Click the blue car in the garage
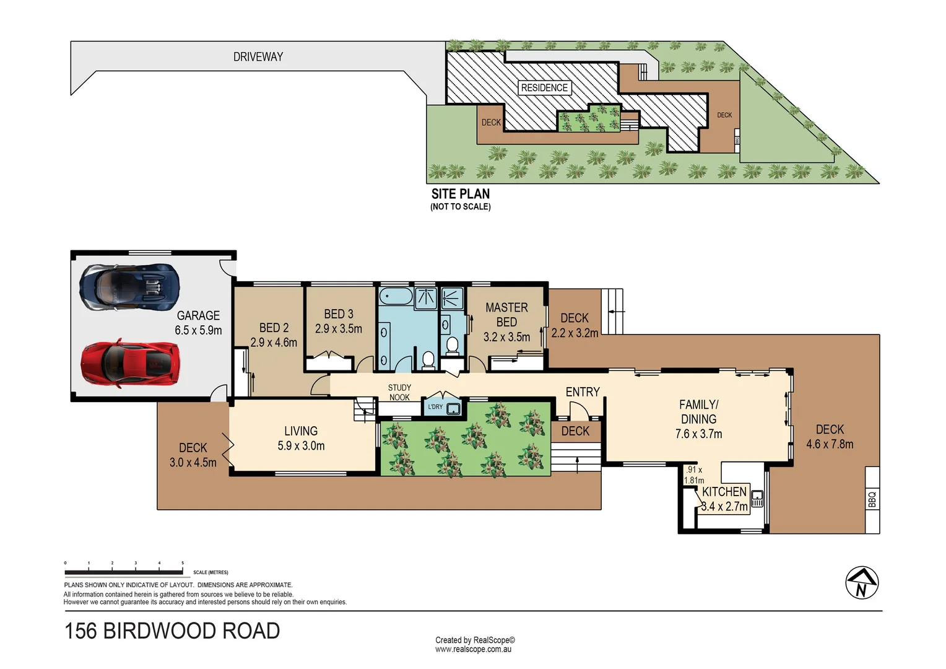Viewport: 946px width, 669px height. (x=130, y=288)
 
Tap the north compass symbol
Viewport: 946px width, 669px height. (x=862, y=583)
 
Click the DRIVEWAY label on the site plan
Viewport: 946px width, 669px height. (x=258, y=57)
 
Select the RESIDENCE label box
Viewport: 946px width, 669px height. (x=544, y=88)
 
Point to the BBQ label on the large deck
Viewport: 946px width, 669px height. (x=872, y=499)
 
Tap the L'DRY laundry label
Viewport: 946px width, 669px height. (x=435, y=407)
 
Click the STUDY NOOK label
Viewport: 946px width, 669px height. (x=399, y=393)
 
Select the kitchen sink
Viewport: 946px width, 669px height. (x=757, y=497)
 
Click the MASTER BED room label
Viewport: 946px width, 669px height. (x=506, y=315)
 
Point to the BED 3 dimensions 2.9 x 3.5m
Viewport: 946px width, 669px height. (x=339, y=329)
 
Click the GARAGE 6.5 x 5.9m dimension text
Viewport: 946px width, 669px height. (x=198, y=331)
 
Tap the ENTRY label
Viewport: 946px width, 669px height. (x=583, y=392)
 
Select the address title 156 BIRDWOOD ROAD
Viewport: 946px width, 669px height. (x=172, y=631)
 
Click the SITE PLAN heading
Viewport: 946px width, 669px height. (x=461, y=194)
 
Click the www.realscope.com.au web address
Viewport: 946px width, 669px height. (x=473, y=650)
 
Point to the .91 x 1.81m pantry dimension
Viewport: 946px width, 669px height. (x=694, y=475)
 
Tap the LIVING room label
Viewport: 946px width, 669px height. (x=301, y=431)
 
